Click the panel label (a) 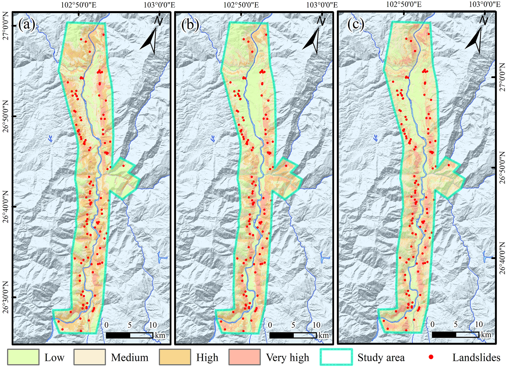[27, 25]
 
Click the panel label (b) [190, 25]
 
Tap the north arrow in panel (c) [475, 39]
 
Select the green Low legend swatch [23, 357]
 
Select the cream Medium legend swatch [90, 357]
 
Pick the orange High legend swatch [175, 357]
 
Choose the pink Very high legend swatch [244, 357]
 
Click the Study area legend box [336, 357]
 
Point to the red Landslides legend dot [431, 357]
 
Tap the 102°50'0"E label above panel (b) [241, 5]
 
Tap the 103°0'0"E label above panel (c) [484, 4]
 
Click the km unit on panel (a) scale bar [160, 335]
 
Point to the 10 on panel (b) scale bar [316, 325]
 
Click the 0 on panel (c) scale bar [433, 324]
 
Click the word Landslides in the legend [476, 357]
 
